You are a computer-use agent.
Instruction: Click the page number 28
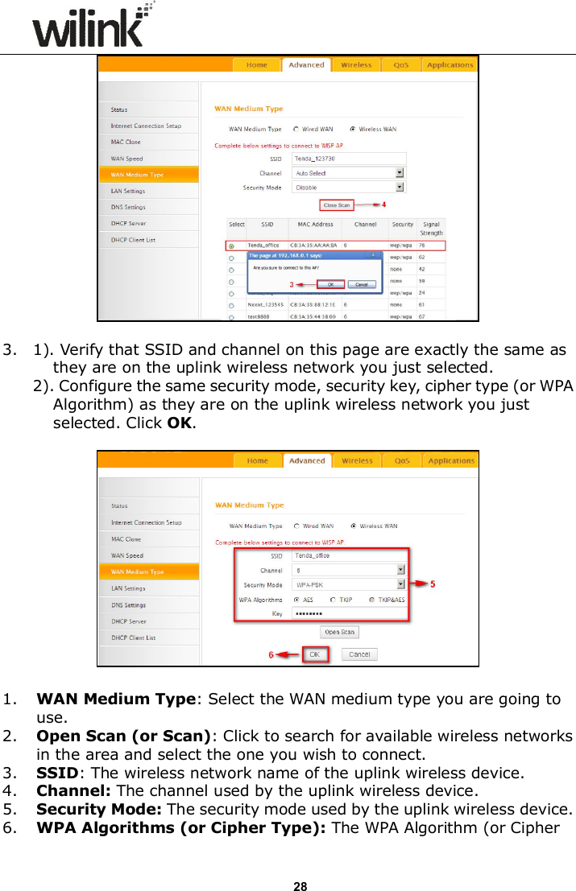coord(300,864)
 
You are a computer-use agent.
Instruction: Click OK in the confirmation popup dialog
coord(330,283)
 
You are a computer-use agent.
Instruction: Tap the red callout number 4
coord(383,204)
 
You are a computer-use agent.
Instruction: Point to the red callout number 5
coord(433,584)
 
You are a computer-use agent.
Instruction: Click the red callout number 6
coord(271,654)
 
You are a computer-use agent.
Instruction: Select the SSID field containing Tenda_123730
coord(348,159)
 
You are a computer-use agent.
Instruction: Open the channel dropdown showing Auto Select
coord(348,172)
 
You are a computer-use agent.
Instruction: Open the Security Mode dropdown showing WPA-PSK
coord(348,585)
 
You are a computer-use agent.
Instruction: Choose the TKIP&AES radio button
coord(372,600)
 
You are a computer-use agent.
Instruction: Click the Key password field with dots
coord(348,614)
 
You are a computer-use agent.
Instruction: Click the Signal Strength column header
coord(431,229)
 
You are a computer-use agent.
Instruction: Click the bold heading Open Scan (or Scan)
coord(125,736)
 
